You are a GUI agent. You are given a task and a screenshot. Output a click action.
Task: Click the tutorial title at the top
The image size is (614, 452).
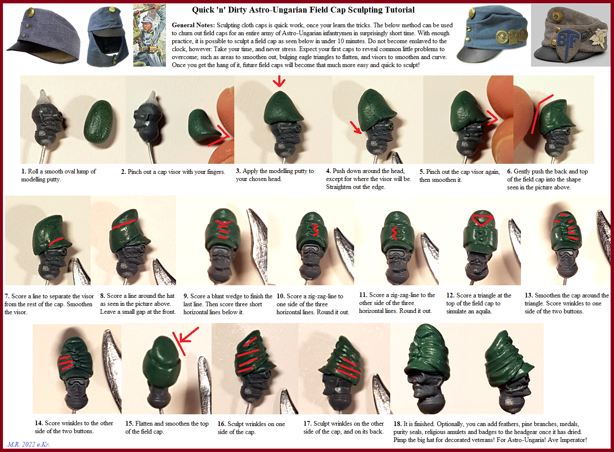coord(303,10)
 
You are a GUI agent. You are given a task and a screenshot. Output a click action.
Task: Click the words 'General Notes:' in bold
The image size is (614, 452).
coord(193,25)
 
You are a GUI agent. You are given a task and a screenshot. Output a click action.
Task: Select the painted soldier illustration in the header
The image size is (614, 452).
coord(150,35)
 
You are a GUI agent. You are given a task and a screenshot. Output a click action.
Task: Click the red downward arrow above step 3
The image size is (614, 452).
coord(279,81)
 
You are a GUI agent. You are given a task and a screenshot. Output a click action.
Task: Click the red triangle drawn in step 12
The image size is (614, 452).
coord(482,220)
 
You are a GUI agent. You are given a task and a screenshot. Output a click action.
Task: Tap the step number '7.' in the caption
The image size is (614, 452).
coord(7,297)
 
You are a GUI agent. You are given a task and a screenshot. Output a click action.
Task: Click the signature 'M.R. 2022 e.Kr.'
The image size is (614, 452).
coord(28,444)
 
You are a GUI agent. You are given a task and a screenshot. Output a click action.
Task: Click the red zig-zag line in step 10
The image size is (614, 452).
coord(316,230)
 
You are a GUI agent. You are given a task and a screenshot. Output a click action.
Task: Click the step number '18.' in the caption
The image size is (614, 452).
coord(397,424)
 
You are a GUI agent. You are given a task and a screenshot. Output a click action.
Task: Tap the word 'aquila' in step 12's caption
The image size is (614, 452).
coord(482,312)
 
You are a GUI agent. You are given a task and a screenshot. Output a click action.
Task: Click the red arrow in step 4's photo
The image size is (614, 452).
coord(356,127)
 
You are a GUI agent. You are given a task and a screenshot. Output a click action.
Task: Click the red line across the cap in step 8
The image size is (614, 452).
coord(124,224)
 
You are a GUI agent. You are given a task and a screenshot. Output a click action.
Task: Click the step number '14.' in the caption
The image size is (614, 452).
coord(39,423)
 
